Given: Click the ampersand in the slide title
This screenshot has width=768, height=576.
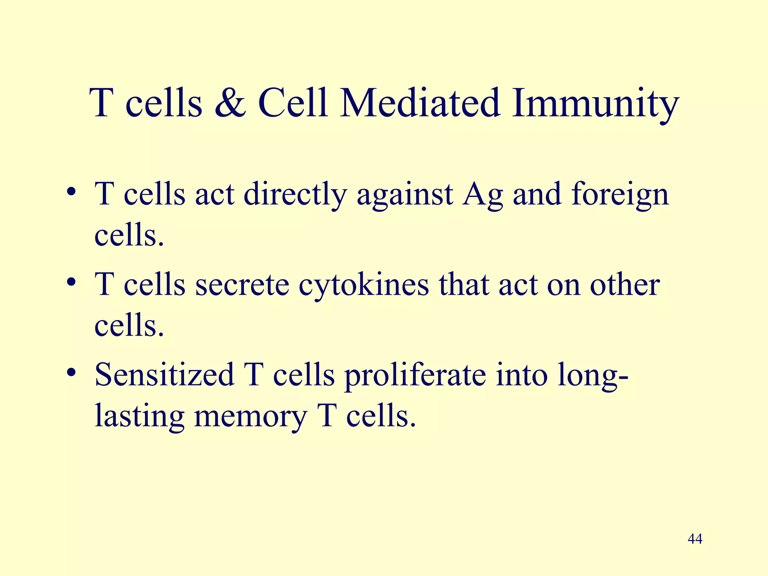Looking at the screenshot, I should click(x=230, y=103).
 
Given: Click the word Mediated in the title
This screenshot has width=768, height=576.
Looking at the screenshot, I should click(x=420, y=103).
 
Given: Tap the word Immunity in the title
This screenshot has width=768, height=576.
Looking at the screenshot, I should click(x=595, y=105).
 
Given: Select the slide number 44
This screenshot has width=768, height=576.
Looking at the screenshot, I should click(x=695, y=539).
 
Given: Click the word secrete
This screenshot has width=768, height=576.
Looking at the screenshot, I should click(x=242, y=285).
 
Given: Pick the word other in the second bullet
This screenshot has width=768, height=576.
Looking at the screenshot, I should click(x=625, y=285).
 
